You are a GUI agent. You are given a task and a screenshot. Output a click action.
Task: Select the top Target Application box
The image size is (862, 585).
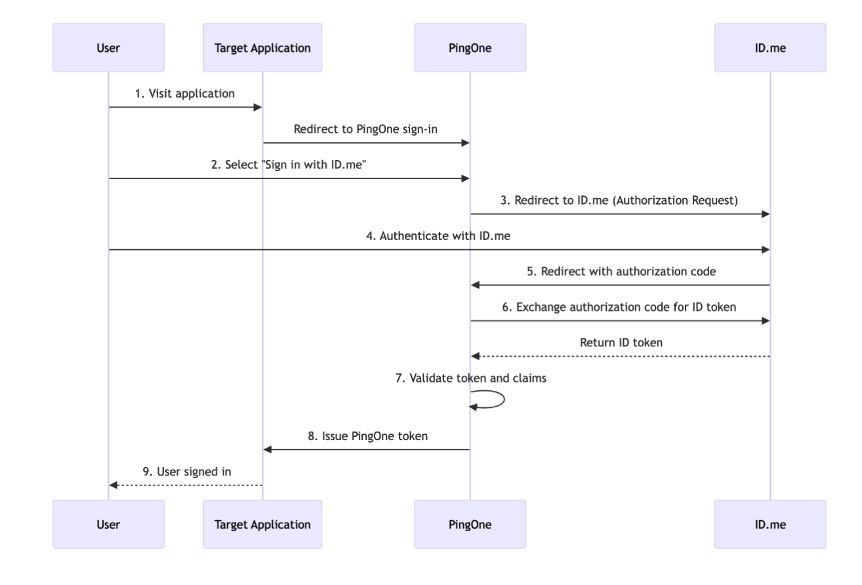click(x=262, y=48)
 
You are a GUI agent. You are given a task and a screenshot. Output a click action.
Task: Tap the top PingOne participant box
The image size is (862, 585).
click(x=470, y=48)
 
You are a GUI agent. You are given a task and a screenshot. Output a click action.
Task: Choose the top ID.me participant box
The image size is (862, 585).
click(x=770, y=48)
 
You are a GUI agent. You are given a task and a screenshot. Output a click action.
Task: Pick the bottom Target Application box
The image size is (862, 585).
click(x=262, y=524)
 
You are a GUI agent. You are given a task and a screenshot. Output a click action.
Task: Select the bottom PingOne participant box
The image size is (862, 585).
click(x=470, y=524)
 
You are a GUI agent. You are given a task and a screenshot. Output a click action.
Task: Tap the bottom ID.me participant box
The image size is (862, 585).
click(x=770, y=524)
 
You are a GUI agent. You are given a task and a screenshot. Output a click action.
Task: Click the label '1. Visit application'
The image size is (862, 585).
click(x=185, y=93)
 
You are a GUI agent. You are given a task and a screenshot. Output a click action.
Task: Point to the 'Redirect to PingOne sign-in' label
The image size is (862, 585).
click(x=366, y=129)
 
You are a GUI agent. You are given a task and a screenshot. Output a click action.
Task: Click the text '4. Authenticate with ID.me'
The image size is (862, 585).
click(x=439, y=237)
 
